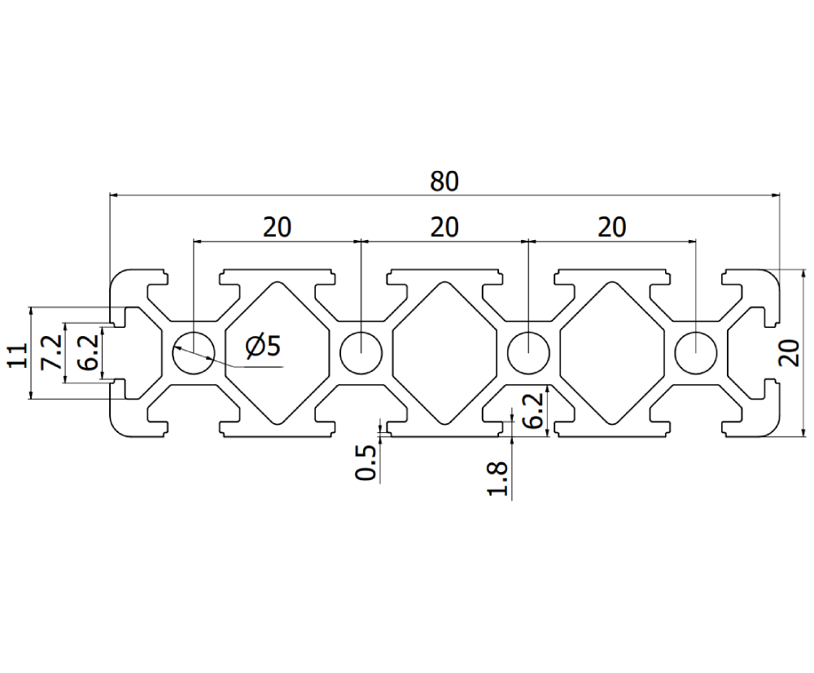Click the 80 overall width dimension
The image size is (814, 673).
pyautogui.click(x=444, y=181)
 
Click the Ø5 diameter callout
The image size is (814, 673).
pyautogui.click(x=262, y=347)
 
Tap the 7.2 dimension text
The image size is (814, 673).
pyautogui.click(x=53, y=352)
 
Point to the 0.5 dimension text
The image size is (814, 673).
pyautogui.click(x=368, y=461)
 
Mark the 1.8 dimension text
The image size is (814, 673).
pyautogui.click(x=499, y=479)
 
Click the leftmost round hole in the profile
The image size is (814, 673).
pyautogui.click(x=193, y=353)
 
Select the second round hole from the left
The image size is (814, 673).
pyautogui.click(x=361, y=353)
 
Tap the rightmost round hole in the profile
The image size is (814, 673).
pyautogui.click(x=696, y=353)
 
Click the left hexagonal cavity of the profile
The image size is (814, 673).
pyautogui.click(x=277, y=353)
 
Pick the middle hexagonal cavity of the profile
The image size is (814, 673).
pyautogui.click(x=444, y=353)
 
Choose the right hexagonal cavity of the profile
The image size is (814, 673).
pyautogui.click(x=612, y=353)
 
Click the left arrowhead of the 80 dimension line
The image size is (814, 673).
pyautogui.click(x=115, y=196)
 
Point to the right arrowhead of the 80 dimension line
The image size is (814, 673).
pyautogui.click(x=774, y=196)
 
